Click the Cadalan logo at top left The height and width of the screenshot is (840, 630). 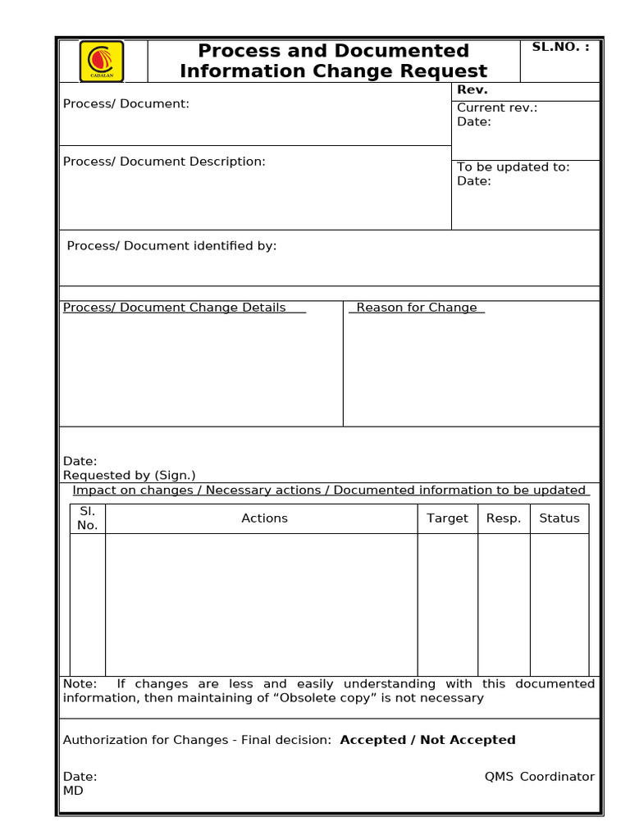[x=102, y=62]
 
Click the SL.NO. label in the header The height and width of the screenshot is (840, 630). [x=560, y=47]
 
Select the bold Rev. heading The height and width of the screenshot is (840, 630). [x=472, y=90]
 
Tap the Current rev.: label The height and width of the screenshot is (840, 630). [x=496, y=107]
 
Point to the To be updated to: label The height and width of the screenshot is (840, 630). [x=513, y=167]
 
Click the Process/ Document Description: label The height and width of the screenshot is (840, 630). [x=164, y=162]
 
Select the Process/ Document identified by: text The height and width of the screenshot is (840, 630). [x=171, y=245]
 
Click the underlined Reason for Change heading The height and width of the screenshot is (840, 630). [x=416, y=308]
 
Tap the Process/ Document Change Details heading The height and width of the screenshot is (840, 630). [x=175, y=308]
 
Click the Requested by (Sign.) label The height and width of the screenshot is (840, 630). [x=129, y=475]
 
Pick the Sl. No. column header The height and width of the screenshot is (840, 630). [x=87, y=518]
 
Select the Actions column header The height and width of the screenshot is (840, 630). [x=264, y=518]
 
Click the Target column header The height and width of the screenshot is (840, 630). [x=447, y=518]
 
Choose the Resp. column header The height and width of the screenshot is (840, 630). [x=504, y=518]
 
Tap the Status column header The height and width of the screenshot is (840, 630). [x=559, y=518]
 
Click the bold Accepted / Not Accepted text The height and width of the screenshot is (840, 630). [x=427, y=740]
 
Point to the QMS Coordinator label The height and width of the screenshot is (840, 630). [x=539, y=777]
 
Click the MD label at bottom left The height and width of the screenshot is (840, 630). [x=73, y=791]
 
